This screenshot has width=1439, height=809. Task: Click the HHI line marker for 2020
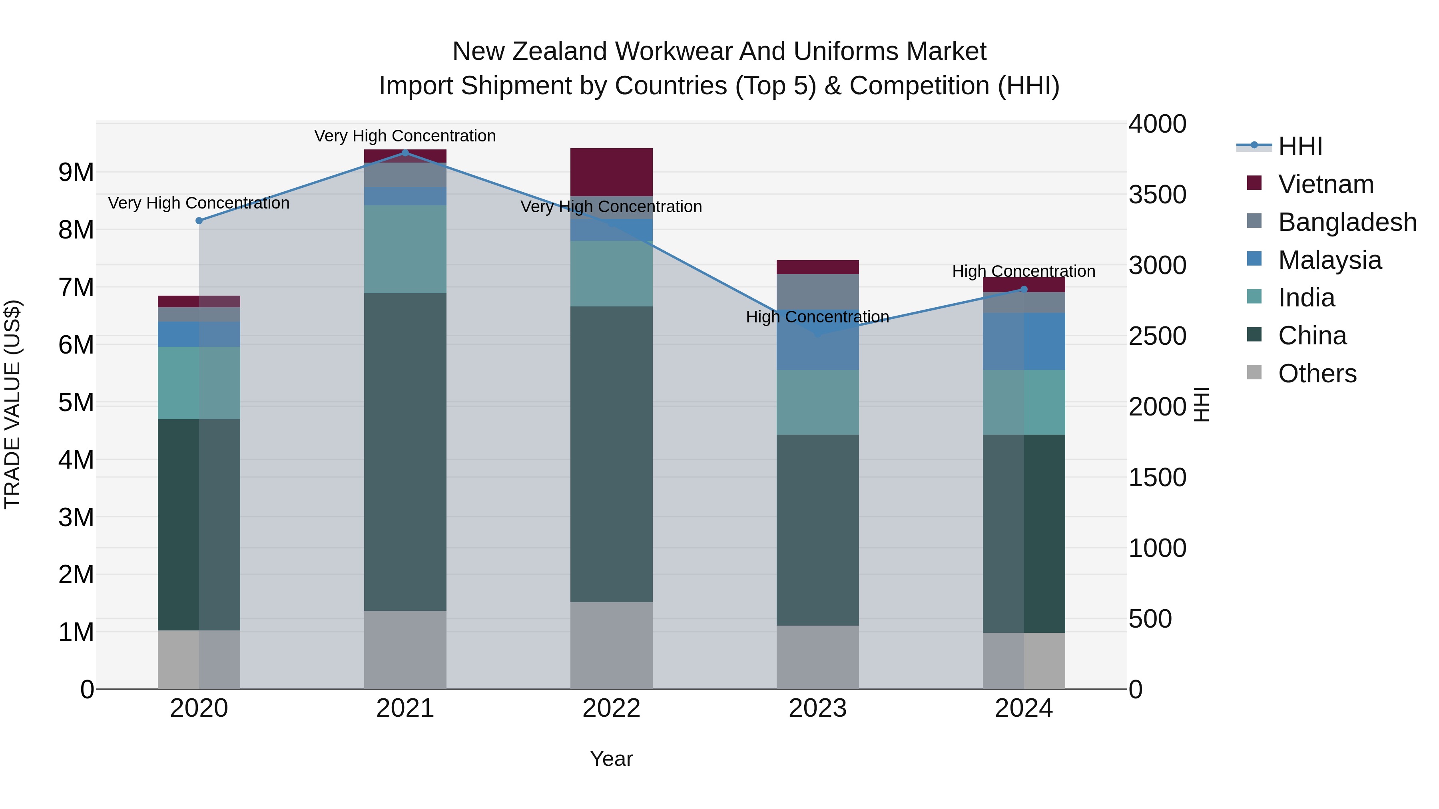[x=199, y=221]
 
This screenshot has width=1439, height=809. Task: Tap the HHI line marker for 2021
[x=405, y=153]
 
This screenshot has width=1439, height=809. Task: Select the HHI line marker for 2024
[x=1024, y=289]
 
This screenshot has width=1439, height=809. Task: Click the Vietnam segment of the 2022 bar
[x=611, y=172]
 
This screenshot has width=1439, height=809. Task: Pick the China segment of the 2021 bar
[x=405, y=452]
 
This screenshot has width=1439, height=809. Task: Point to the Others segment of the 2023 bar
[x=817, y=657]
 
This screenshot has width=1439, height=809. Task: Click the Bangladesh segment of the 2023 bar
[x=817, y=292]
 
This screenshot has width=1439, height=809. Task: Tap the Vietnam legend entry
[x=1325, y=184]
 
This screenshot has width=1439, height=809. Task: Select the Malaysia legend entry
[x=1329, y=260]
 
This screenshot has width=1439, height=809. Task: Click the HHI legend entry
[x=1300, y=146]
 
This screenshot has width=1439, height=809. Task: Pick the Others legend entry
[x=1317, y=374]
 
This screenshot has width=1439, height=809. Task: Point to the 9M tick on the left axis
[x=76, y=173]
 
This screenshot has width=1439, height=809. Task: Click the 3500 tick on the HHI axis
[x=1157, y=195]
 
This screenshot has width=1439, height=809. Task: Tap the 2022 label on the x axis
[x=611, y=708]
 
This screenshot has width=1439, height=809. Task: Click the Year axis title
[x=611, y=759]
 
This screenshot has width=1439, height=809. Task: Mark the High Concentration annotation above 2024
[x=1023, y=271]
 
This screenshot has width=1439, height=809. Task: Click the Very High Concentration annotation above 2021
[x=405, y=136]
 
